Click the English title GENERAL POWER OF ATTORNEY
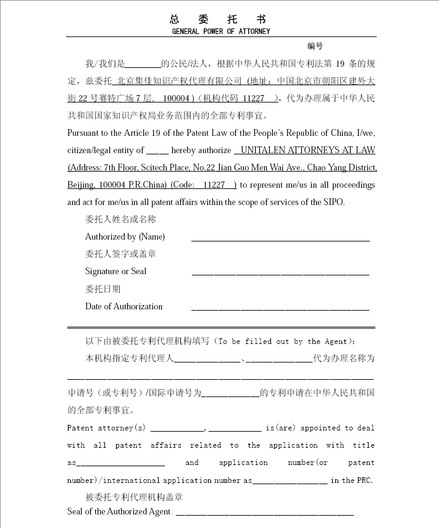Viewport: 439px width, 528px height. pos(220,31)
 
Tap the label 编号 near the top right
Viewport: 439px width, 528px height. pos(315,46)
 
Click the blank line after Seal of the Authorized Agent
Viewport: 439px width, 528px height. pos(265,513)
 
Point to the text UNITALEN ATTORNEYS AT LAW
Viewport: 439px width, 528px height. pos(307,150)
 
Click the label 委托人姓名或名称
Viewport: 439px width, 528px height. pos(120,219)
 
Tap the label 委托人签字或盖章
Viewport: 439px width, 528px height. pos(120,254)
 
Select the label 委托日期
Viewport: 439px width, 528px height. pos(103,289)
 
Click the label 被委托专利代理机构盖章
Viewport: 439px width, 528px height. pos(134,497)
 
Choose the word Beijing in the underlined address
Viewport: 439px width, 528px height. pos(81,185)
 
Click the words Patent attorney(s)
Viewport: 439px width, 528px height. pos(106,428)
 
